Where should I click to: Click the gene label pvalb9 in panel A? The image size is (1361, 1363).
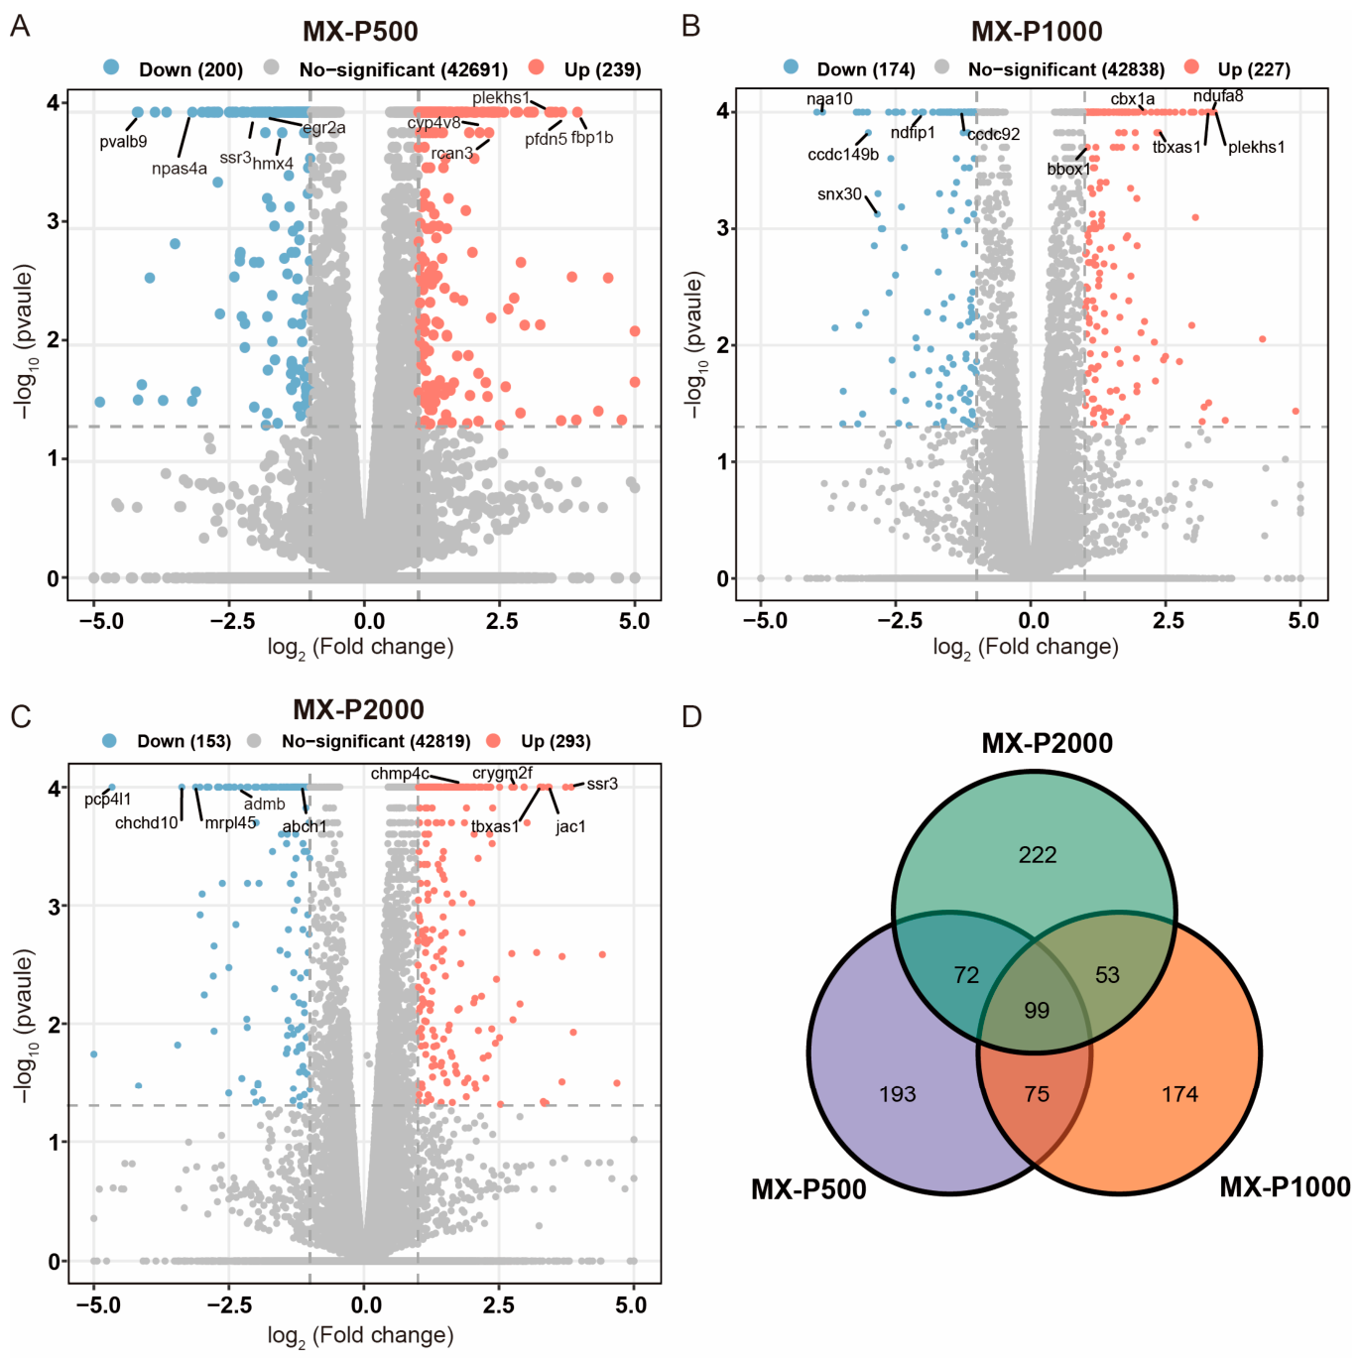pyautogui.click(x=123, y=142)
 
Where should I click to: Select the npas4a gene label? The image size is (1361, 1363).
pyautogui.click(x=179, y=169)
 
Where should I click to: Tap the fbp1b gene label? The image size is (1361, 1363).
pyautogui.click(x=592, y=137)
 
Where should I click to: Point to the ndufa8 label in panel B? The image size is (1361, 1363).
pyautogui.click(x=1218, y=95)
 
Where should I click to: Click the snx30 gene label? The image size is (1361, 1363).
pyautogui.click(x=839, y=193)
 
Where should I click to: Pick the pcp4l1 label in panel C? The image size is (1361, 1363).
pyautogui.click(x=107, y=800)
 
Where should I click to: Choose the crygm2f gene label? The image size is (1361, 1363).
pyautogui.click(x=502, y=773)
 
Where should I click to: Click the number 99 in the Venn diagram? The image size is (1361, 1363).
pyautogui.click(x=1037, y=1010)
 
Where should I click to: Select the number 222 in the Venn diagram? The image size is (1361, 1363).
pyautogui.click(x=1038, y=855)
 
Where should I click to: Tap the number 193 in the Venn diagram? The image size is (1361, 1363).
pyautogui.click(x=897, y=1094)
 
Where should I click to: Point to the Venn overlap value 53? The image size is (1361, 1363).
pyautogui.click(x=1107, y=975)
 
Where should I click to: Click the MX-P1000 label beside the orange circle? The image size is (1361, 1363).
pyautogui.click(x=1286, y=1186)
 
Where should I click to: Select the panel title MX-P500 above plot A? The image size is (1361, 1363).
pyautogui.click(x=360, y=31)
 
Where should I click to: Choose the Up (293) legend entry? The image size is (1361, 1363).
pyautogui.click(x=539, y=741)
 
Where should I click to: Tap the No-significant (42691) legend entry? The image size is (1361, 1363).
pyautogui.click(x=386, y=69)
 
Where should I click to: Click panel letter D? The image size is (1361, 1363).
pyautogui.click(x=691, y=717)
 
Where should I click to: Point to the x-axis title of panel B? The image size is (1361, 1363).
pyautogui.click(x=1026, y=647)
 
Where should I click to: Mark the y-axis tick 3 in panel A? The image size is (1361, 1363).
pyautogui.click(x=53, y=222)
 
